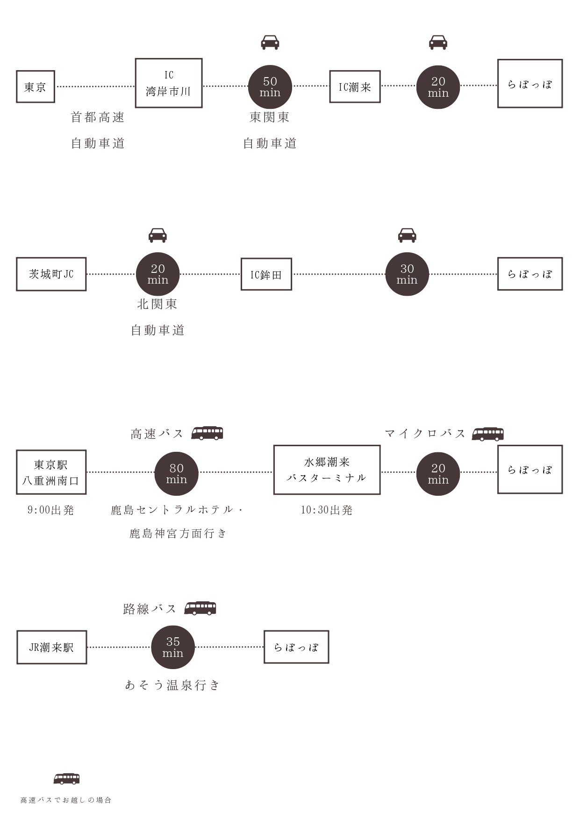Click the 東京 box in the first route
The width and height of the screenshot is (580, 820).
36,86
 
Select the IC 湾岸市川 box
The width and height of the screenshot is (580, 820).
169,83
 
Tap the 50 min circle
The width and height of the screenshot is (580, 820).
270,87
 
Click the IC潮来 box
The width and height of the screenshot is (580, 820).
355,86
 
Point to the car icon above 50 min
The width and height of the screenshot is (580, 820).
270,42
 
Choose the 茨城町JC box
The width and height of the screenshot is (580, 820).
51,274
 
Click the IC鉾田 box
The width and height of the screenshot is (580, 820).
266,274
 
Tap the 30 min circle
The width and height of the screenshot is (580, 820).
407,274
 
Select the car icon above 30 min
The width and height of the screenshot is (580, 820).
407,235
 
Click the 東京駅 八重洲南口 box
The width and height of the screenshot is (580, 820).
51,472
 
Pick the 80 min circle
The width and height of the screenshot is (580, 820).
176,473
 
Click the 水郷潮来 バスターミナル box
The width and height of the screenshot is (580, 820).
327,470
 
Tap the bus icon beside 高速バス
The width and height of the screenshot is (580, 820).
207,433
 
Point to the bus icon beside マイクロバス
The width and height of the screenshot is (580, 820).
487,434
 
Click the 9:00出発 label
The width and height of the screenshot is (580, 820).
51,510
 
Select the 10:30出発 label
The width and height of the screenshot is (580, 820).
327,510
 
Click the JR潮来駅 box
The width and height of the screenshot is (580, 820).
52,647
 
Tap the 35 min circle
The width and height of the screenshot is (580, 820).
173,647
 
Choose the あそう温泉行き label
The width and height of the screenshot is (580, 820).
172,685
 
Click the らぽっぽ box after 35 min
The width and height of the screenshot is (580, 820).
296,647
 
